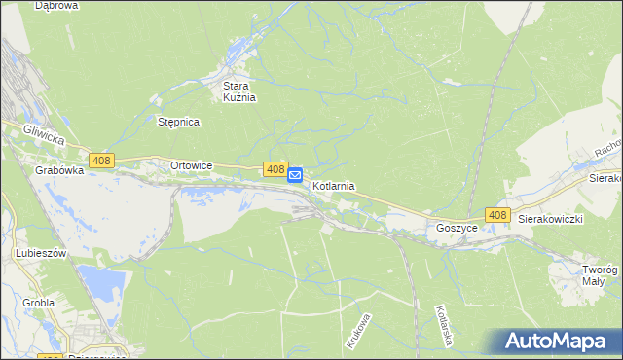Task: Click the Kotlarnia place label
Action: tap(333, 185)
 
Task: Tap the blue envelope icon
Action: tap(295, 175)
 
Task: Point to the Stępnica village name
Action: tap(178, 122)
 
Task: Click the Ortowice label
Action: tap(191, 165)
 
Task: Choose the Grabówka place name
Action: tap(55, 170)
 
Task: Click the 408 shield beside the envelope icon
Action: tap(275, 169)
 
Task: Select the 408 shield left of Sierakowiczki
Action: tap(497, 215)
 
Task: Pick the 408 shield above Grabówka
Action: tap(101, 160)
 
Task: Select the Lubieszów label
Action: tap(40, 253)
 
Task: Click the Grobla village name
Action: tap(38, 303)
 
